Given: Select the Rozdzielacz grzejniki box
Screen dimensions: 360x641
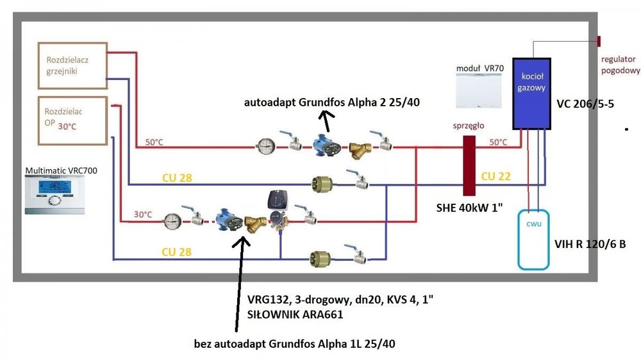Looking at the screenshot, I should click(x=71, y=65).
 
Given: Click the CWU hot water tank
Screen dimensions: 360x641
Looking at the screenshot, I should click(x=534, y=238).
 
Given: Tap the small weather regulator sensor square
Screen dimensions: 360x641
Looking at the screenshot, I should click(x=598, y=41).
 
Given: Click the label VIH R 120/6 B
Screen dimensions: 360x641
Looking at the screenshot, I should click(x=590, y=243).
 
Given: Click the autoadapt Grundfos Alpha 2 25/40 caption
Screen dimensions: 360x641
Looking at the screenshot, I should click(x=331, y=102).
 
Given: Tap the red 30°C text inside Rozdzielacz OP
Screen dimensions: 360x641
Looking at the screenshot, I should click(x=67, y=126).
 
